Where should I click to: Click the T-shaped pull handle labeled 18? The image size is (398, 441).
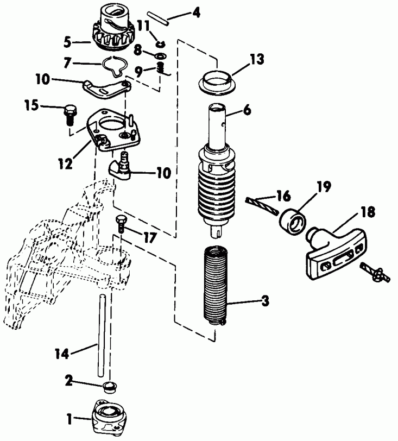332,254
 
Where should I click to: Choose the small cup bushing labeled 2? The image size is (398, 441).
110,387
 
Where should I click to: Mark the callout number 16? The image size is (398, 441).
283,194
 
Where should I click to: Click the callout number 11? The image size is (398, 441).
143,25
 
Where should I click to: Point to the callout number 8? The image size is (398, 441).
138,51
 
